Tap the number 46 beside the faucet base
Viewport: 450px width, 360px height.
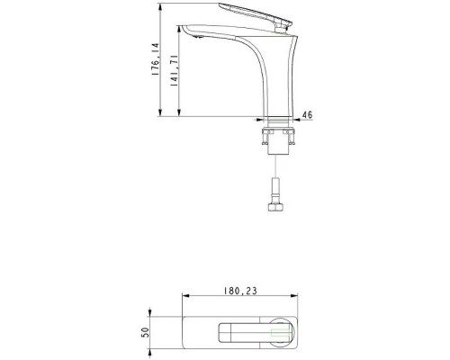coord(307,115)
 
